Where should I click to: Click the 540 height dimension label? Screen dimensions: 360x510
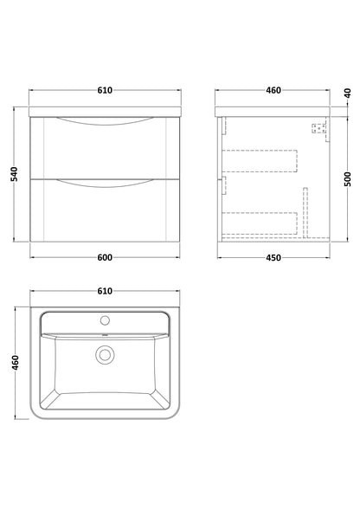(15, 174)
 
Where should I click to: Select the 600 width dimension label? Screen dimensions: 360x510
(105, 258)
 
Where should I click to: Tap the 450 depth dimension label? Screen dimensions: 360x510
(273, 258)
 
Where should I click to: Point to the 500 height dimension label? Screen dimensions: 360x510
(348, 179)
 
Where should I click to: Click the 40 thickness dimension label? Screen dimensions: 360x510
(348, 94)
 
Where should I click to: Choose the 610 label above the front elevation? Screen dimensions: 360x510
(105, 90)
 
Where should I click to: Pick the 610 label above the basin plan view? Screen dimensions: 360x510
(105, 291)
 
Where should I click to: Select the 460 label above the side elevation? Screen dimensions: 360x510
(273, 90)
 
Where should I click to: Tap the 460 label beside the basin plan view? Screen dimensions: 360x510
(16, 363)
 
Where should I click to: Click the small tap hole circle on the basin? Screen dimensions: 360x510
(105, 320)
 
